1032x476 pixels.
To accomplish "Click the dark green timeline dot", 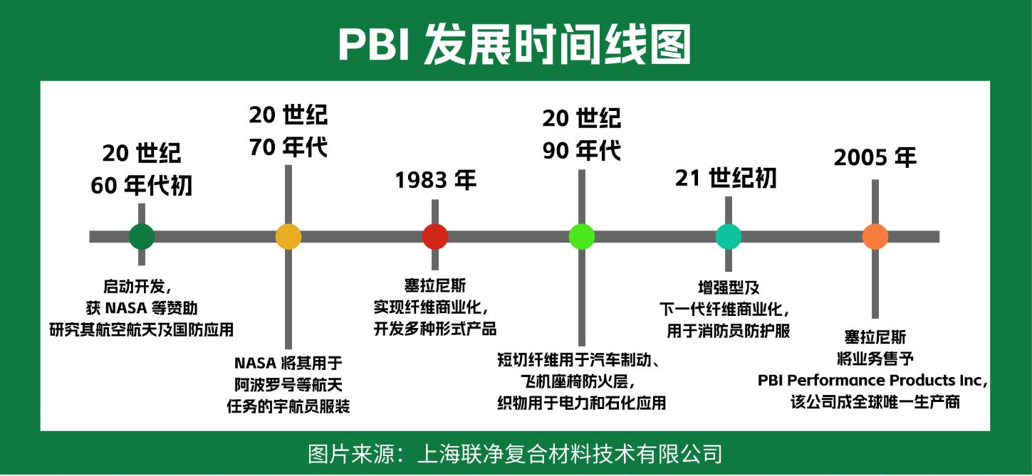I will click(x=142, y=236).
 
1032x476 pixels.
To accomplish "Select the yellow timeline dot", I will click(x=288, y=236).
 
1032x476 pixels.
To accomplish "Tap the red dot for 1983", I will click(x=435, y=236).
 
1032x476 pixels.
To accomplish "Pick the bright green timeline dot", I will click(x=582, y=236).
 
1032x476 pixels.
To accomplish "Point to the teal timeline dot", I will click(x=728, y=236).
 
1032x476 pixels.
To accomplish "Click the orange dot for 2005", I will click(x=875, y=236).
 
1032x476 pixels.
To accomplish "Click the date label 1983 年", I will click(x=435, y=180).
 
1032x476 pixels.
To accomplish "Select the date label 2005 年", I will click(x=875, y=157).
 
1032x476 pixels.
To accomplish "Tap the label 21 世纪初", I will click(x=725, y=178).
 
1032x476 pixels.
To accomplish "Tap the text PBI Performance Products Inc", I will click(x=871, y=381).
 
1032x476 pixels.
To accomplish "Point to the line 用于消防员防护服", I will click(x=728, y=331).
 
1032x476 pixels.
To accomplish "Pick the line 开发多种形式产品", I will click(x=434, y=329).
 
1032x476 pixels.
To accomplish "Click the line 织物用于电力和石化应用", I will click(x=581, y=403).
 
